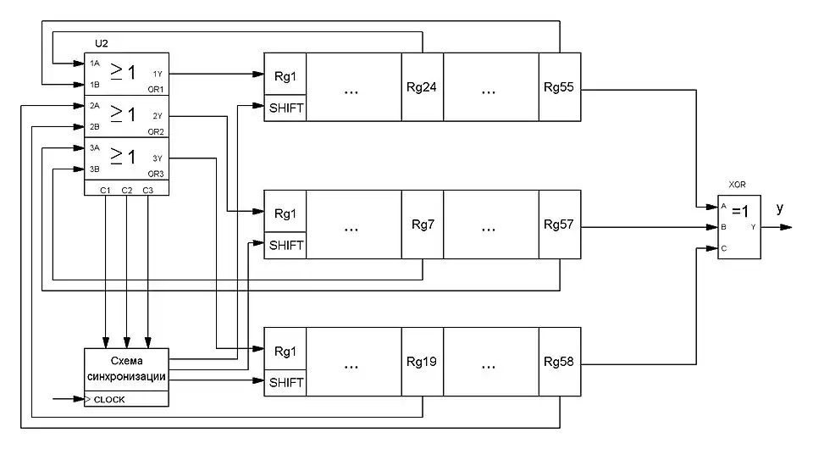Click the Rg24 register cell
point(422,88)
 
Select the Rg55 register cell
point(560,88)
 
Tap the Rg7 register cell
point(422,224)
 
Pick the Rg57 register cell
point(560,224)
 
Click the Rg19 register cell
point(422,362)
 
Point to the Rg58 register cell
point(560,362)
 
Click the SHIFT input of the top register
point(285,109)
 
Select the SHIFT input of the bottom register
point(285,383)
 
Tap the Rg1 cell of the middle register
point(285,213)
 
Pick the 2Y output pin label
point(158,115)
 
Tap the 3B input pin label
point(95,169)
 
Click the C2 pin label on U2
point(126,189)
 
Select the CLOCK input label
point(109,398)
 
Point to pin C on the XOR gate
point(723,249)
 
